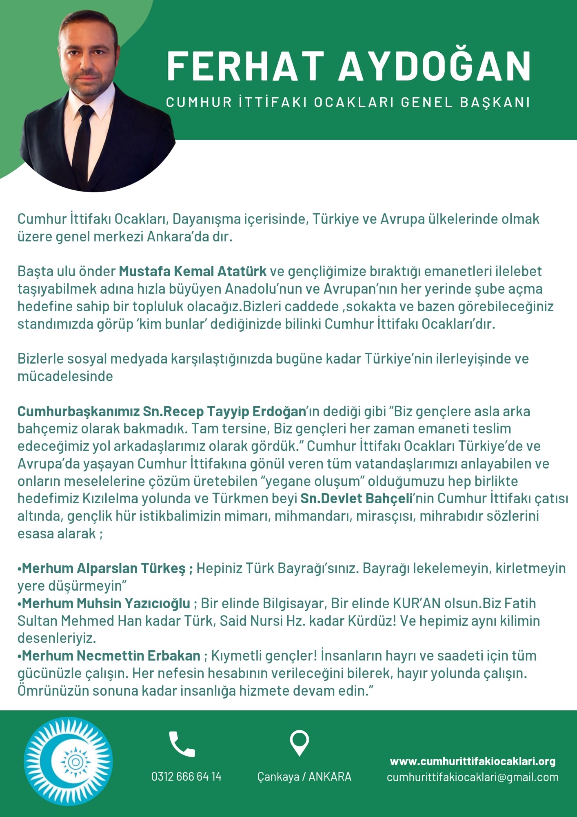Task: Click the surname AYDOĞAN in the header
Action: point(435,67)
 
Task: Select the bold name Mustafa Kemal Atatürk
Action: point(193,271)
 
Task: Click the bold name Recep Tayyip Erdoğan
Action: point(234,411)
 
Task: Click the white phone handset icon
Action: point(182,745)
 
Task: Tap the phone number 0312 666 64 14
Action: point(186,777)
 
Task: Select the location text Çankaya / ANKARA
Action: point(304,777)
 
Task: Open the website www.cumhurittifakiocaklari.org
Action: point(473,761)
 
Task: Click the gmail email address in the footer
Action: point(473,777)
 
